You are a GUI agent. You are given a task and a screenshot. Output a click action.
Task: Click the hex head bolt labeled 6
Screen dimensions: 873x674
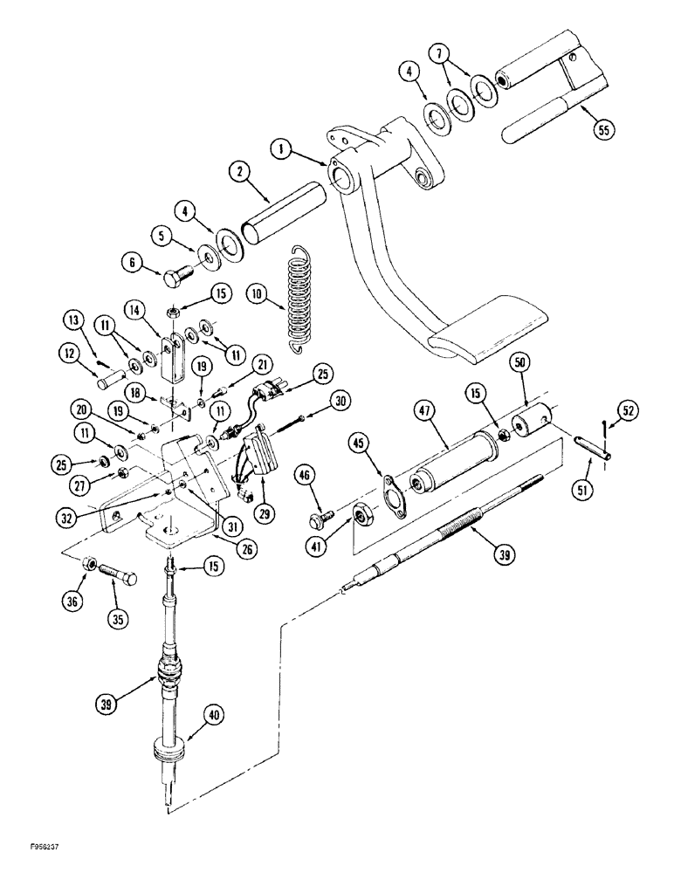[x=175, y=277]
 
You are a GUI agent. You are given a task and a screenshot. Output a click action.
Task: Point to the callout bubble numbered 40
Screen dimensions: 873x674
[x=210, y=716]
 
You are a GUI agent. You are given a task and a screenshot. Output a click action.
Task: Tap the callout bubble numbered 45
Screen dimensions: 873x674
[x=361, y=444]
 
